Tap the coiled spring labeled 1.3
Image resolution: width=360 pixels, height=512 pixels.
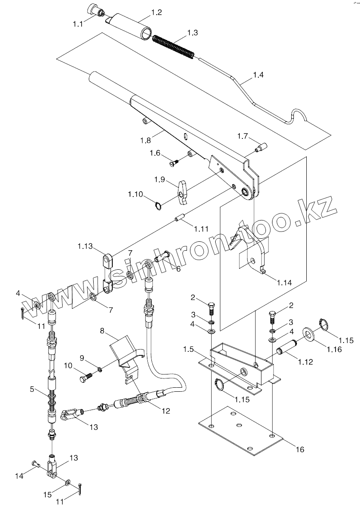point(173,46)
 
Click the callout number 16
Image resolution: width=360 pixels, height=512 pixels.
point(300,449)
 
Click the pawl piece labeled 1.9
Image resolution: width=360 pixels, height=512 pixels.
point(182,189)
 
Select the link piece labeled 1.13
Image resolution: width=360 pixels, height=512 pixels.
point(107,273)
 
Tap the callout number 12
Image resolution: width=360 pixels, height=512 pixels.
point(165,411)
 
